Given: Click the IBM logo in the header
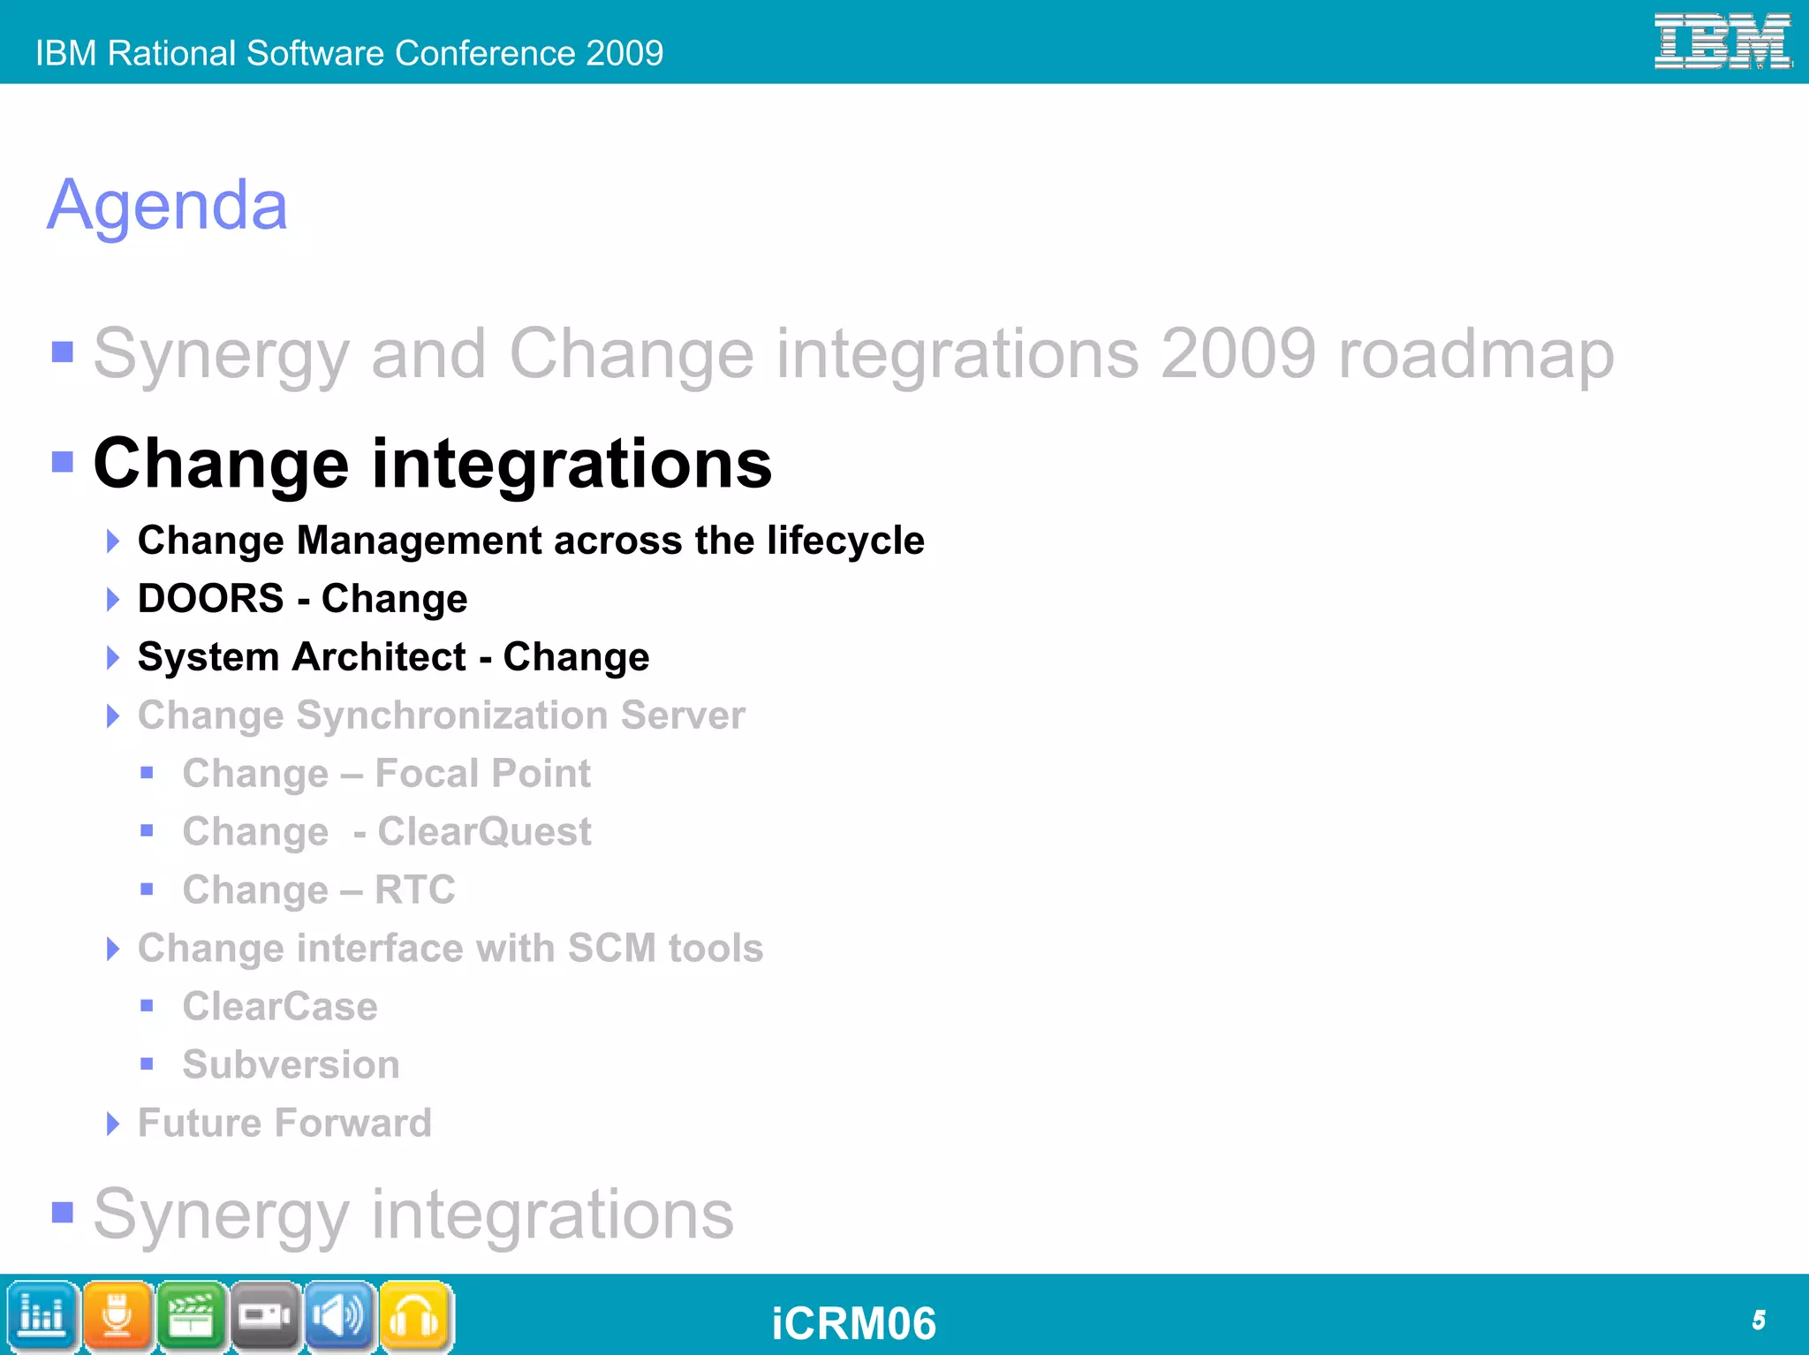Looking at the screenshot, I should [1722, 42].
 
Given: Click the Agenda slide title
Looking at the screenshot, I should [168, 205].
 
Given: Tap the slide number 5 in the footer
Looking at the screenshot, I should [1758, 1320].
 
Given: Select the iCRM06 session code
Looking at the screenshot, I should [853, 1323].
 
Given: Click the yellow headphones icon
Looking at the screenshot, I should [415, 1316].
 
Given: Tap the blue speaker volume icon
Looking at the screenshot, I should [340, 1316].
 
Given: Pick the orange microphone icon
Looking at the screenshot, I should [117, 1316].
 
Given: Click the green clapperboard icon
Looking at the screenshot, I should [191, 1316].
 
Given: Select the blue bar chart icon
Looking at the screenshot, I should [42, 1316].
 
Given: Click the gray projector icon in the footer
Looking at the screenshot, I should [265, 1316].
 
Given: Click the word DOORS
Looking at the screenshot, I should [210, 599].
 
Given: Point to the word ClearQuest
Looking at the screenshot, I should [484, 832].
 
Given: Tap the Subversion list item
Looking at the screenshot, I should [291, 1064].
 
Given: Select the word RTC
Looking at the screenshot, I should [414, 890].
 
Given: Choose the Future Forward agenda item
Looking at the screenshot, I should [284, 1124].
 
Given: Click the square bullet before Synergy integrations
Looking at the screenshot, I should [63, 1212].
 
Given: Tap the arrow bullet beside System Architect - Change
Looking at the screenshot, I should [112, 657].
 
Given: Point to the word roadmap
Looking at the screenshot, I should [1476, 355].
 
